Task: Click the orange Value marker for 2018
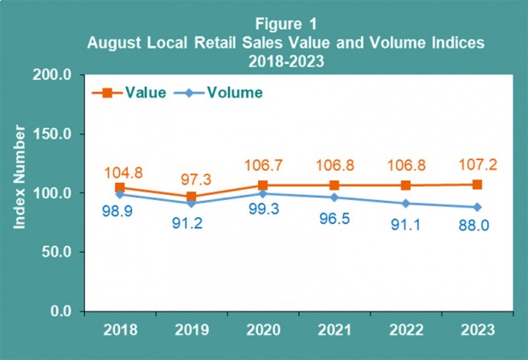coord(120,188)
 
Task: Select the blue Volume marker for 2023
coord(477,207)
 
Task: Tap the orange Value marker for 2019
coord(192,197)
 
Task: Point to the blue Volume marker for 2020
coord(263,193)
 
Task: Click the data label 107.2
coord(478,160)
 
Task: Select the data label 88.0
coord(478,229)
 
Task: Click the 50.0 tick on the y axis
coord(57,253)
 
